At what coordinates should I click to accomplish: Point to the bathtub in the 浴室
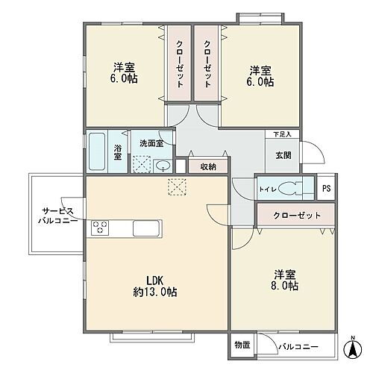tap(97, 151)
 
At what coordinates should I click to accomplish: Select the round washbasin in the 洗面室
tap(163, 166)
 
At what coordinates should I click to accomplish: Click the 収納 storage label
tap(207, 166)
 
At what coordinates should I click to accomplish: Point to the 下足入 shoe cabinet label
tap(281, 135)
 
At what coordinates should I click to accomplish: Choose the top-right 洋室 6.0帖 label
tap(260, 76)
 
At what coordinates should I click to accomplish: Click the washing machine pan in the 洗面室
tap(142, 164)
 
